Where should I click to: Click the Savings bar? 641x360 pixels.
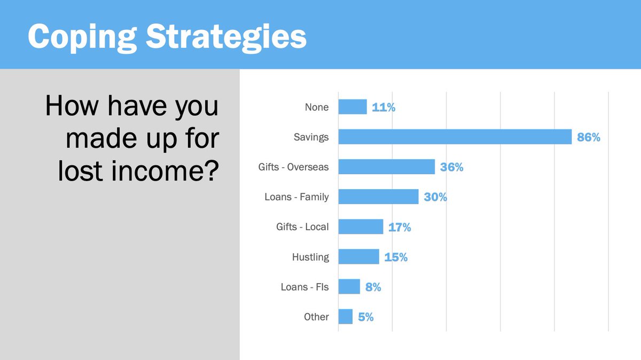455,137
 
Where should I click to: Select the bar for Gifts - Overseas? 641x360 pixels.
386,167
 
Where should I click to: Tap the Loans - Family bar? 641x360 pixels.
378,197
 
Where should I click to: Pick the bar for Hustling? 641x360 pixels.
358,256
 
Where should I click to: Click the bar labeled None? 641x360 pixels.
353,107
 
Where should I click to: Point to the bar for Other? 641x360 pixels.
345,316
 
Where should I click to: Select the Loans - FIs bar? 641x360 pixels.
349,286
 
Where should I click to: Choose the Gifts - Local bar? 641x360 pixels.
361,226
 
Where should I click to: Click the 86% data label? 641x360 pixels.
589,137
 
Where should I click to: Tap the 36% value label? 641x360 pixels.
451,167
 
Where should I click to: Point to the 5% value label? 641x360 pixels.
365,317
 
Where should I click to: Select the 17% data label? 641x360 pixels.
400,227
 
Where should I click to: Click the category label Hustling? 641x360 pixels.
310,257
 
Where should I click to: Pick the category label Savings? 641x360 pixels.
311,137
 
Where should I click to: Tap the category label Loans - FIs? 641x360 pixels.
304,287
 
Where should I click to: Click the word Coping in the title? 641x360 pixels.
74,36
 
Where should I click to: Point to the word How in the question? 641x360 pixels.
71,106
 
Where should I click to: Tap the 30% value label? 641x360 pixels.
435,197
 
